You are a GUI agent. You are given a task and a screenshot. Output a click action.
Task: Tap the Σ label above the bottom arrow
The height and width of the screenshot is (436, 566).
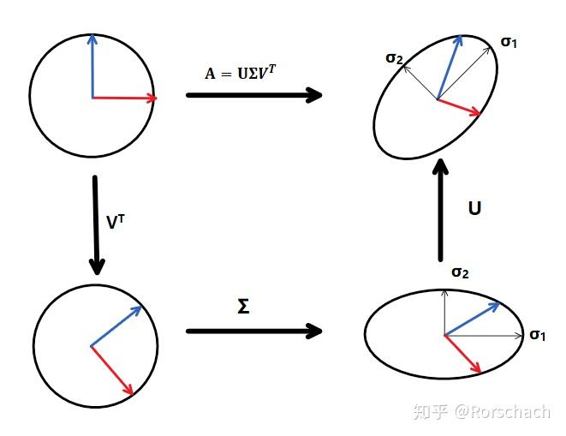243,306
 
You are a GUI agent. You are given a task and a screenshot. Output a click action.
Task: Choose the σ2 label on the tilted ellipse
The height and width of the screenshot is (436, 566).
395,57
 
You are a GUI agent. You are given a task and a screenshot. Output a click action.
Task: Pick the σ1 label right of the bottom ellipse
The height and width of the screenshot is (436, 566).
538,334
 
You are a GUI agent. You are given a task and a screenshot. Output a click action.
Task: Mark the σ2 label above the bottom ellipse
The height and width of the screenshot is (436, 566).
460,272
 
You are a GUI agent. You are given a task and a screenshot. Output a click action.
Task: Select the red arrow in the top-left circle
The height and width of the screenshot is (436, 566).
124,98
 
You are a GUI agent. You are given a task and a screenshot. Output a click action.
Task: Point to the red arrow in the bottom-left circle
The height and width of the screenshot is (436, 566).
112,370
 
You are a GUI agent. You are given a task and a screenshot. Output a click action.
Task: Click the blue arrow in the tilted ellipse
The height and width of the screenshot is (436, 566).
450,69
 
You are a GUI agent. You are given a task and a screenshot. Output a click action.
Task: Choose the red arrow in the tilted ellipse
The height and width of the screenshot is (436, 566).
458,108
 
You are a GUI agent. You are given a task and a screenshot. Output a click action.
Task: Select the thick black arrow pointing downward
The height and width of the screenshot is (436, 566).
95,227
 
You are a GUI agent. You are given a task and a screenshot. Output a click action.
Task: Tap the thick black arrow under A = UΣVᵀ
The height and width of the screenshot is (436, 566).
253,95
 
